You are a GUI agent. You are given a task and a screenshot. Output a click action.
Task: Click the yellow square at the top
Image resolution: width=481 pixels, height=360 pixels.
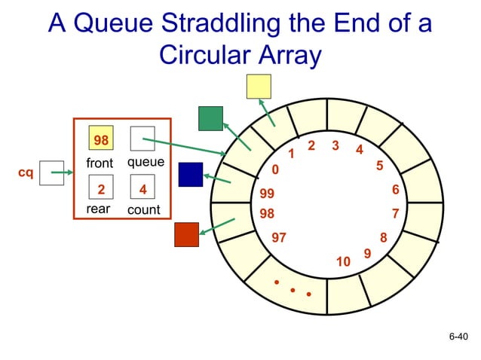point(259,86)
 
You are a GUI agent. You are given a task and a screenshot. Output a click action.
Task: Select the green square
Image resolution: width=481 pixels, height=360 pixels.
point(210,118)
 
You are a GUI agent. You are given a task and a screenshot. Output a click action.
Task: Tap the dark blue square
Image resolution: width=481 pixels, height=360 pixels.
point(191,174)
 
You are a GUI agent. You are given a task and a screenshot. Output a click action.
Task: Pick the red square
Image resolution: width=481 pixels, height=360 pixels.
point(186,234)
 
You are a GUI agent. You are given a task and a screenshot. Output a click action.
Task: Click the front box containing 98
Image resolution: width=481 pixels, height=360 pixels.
point(100,139)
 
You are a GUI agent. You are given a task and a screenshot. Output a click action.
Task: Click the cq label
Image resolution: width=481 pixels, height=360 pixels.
point(25,173)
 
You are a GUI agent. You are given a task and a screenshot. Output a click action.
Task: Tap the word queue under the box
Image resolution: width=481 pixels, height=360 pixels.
point(146,162)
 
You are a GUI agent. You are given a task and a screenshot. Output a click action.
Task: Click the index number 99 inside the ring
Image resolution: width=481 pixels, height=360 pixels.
point(266,194)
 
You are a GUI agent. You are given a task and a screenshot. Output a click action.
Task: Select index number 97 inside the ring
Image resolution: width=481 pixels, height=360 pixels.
point(279,238)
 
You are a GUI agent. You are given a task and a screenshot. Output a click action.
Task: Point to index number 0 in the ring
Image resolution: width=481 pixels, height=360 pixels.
point(275,170)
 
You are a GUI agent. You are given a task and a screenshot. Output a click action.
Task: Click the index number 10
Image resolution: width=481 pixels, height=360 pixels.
point(343,262)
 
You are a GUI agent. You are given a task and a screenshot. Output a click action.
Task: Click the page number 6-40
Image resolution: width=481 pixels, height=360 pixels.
point(458,337)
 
